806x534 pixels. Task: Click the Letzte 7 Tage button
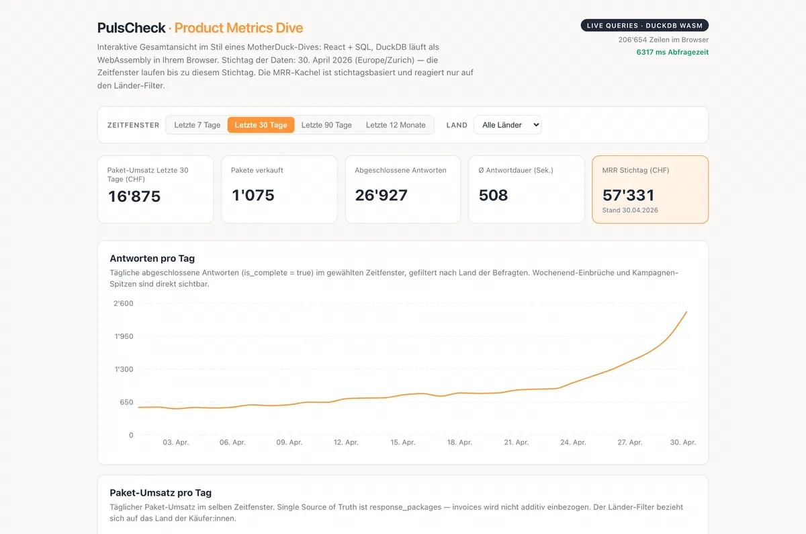(197, 125)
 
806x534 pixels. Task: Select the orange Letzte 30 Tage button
(261, 125)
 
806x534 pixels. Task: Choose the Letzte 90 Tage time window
(326, 125)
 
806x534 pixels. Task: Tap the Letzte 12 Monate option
(396, 125)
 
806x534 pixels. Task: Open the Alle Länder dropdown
(507, 125)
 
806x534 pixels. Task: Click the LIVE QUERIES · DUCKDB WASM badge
(644, 26)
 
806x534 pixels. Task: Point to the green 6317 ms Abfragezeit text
(672, 52)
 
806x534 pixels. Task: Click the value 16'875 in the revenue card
(134, 196)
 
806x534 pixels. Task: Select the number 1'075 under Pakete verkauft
(253, 195)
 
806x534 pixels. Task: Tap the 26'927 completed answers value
(381, 195)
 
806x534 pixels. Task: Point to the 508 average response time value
(493, 195)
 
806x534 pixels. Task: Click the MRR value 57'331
(628, 195)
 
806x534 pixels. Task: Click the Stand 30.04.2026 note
(630, 210)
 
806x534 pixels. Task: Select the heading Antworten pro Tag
(152, 258)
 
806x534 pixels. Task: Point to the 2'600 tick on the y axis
(124, 303)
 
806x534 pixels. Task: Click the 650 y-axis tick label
(126, 402)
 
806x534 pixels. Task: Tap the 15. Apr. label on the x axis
(402, 442)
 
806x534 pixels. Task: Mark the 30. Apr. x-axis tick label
(682, 442)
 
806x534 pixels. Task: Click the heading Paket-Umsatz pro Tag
(161, 492)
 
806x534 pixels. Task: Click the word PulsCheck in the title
(132, 28)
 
